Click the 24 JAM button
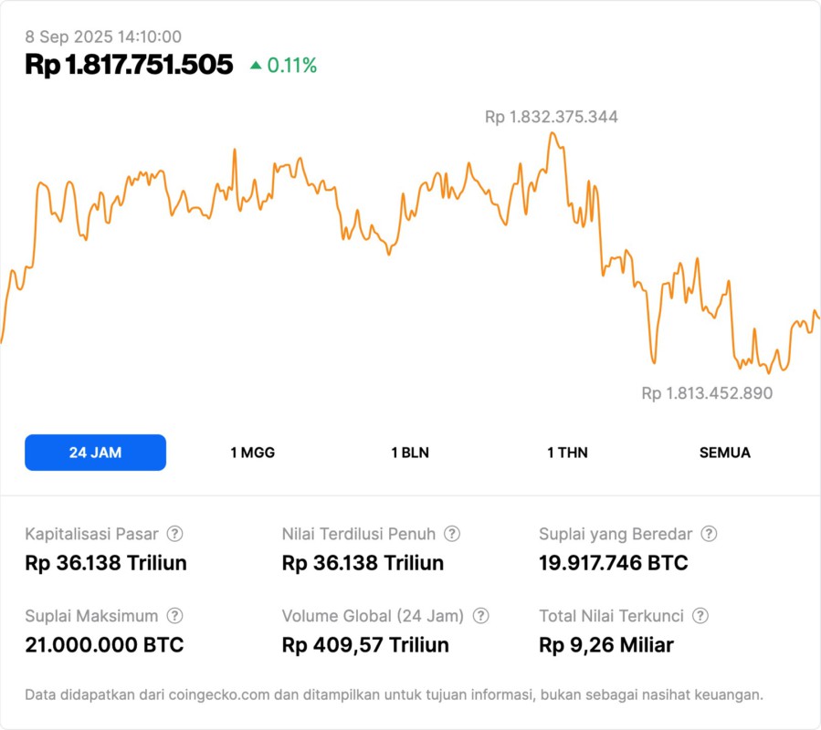(x=95, y=453)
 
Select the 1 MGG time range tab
(x=252, y=453)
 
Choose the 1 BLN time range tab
(x=410, y=453)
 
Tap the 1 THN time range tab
(x=567, y=453)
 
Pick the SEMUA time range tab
(x=725, y=453)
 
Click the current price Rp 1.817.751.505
(x=129, y=65)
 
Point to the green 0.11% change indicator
(x=284, y=66)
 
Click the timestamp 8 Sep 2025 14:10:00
(x=103, y=36)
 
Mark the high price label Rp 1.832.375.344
(x=551, y=117)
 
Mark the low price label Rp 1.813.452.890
(x=707, y=393)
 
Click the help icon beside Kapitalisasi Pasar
(x=174, y=534)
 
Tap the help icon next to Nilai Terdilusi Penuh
(x=452, y=534)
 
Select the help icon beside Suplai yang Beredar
(x=709, y=534)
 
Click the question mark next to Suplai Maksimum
(x=174, y=616)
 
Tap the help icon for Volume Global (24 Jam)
(x=480, y=616)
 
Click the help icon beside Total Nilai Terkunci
(x=700, y=616)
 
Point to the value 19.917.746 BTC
(x=614, y=563)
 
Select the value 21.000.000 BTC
(x=104, y=645)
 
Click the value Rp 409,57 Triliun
(x=365, y=645)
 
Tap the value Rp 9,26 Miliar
(x=606, y=645)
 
